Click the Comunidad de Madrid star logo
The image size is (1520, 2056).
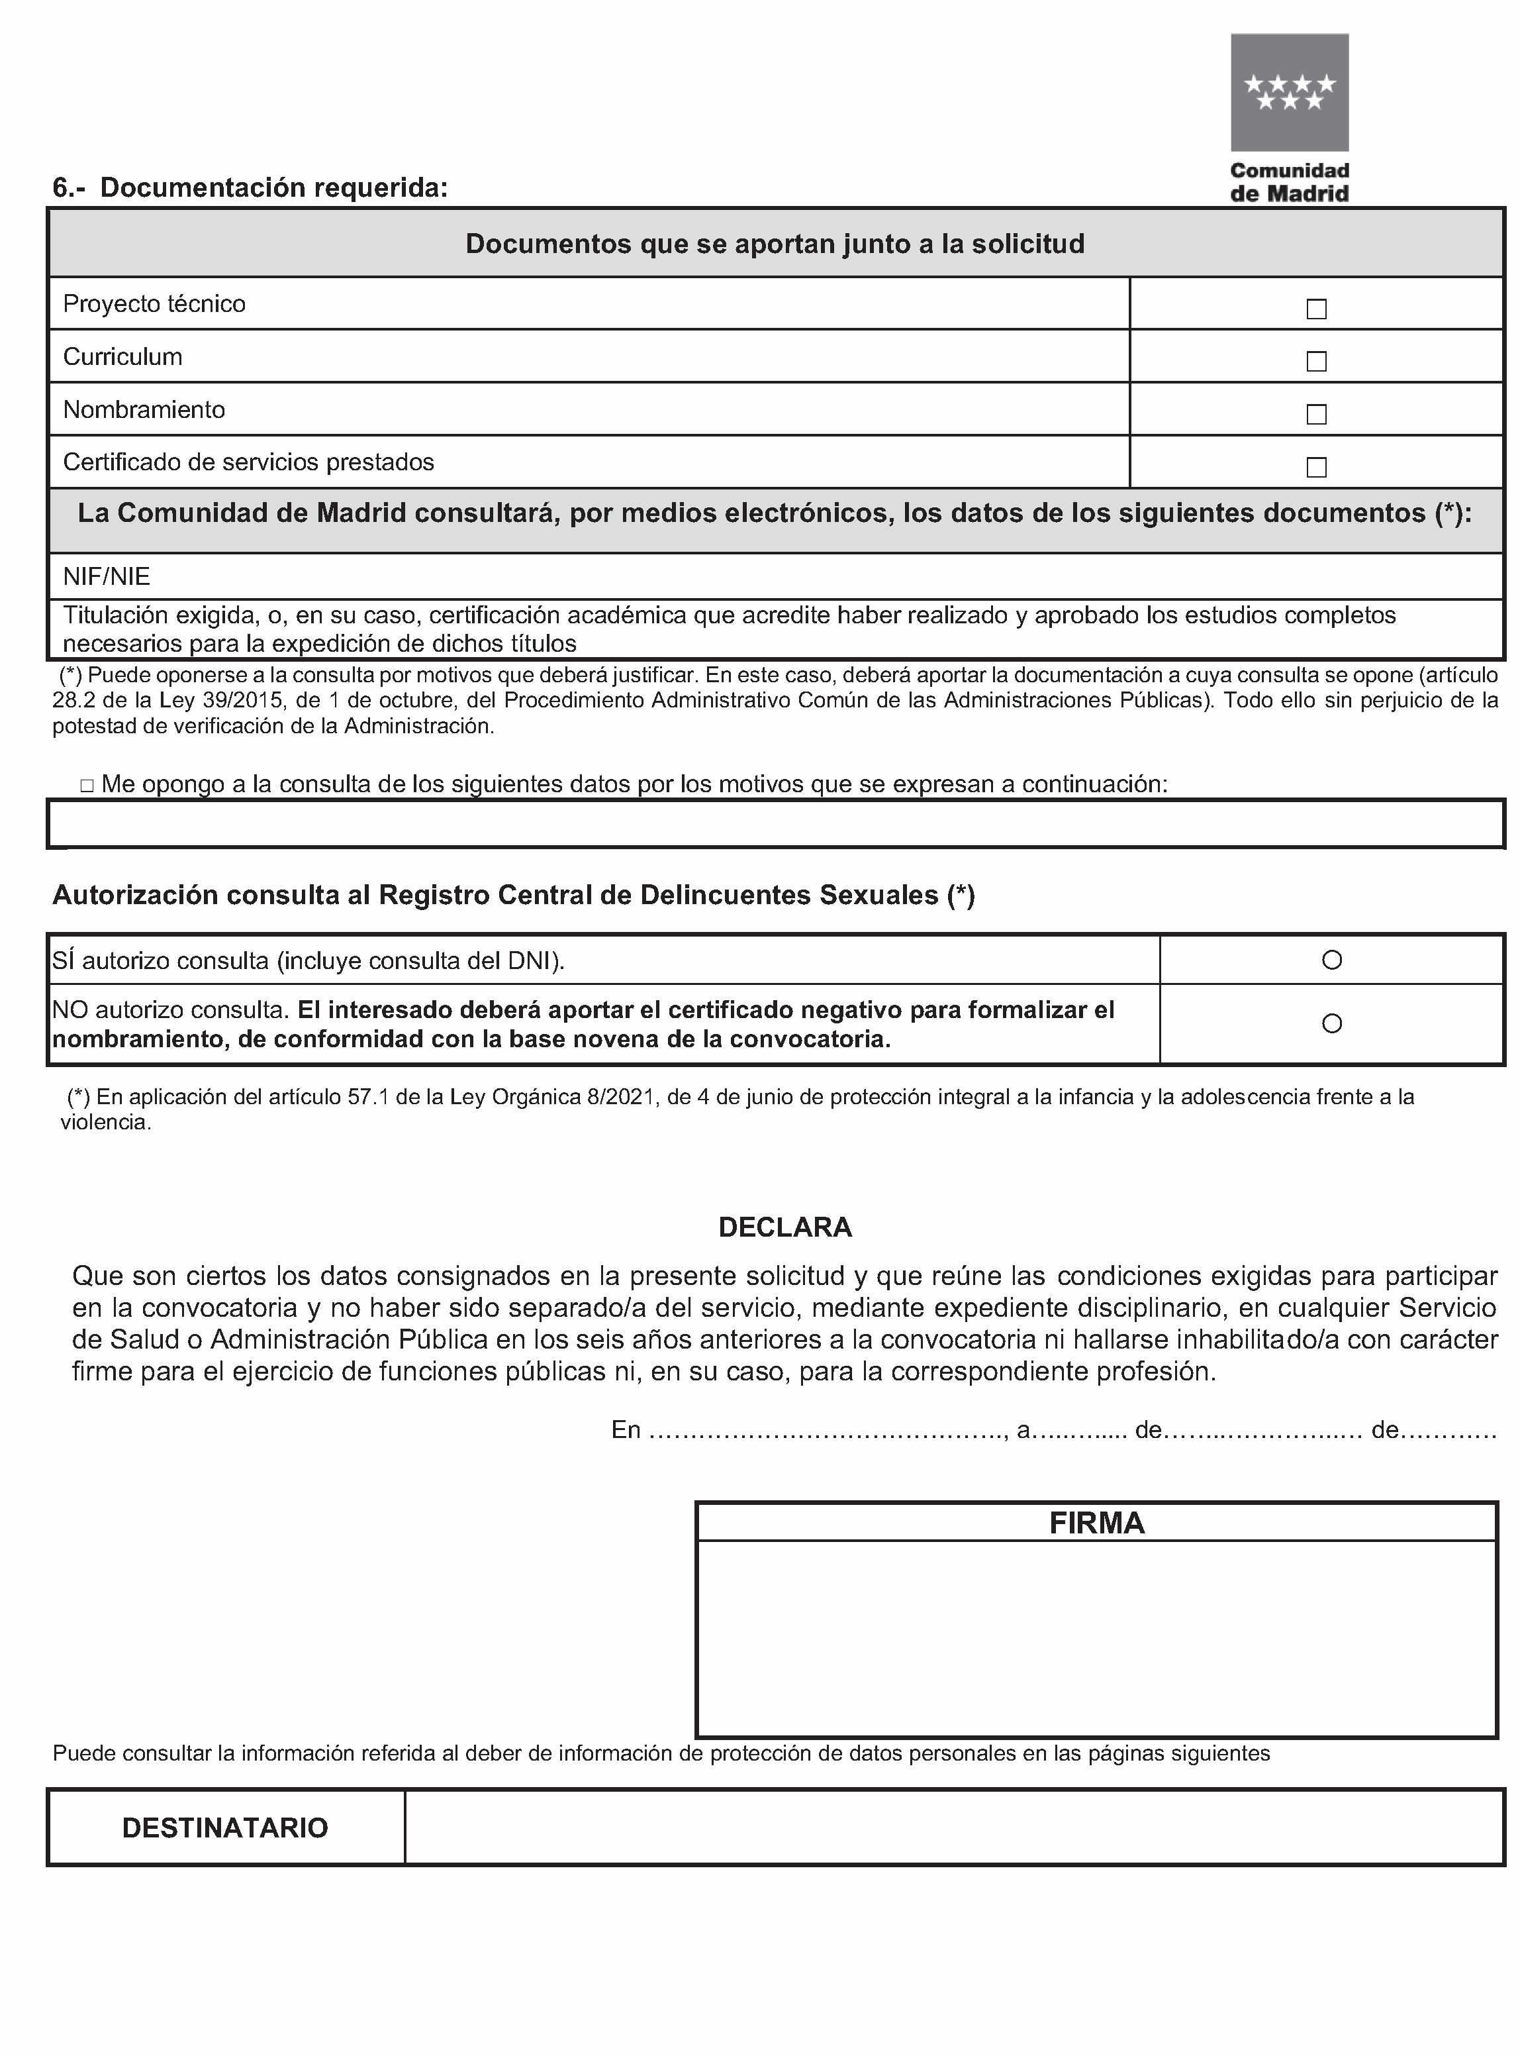pyautogui.click(x=1289, y=92)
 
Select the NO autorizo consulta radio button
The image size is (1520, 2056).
pyautogui.click(x=1331, y=1023)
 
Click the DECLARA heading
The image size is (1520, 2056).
pyautogui.click(x=785, y=1227)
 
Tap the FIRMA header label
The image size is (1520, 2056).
pyautogui.click(x=1097, y=1523)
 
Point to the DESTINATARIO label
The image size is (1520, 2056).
pyautogui.click(x=226, y=1827)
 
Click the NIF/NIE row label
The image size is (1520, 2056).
pyautogui.click(x=107, y=577)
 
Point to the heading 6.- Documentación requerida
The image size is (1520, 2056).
pyautogui.click(x=250, y=187)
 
